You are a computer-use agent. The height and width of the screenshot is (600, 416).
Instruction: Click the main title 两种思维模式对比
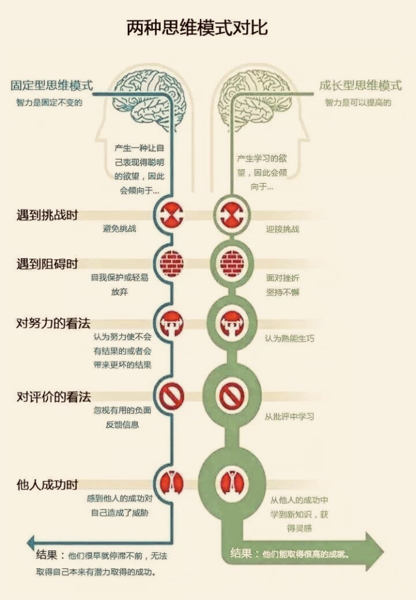coord(197,28)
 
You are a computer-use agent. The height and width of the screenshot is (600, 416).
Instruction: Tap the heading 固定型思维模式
coord(52,85)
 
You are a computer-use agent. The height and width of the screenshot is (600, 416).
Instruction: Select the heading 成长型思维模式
coord(361,85)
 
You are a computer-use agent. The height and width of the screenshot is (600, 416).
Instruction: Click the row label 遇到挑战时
coord(47,215)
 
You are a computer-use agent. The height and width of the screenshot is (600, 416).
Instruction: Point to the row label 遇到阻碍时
coord(47,264)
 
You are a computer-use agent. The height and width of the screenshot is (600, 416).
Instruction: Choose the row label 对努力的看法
coord(53,323)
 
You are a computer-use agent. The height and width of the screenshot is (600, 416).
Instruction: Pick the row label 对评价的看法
coord(53,397)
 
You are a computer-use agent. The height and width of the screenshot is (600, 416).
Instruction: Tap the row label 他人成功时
coord(47,485)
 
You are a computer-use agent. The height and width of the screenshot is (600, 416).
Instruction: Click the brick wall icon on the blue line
coord(172,263)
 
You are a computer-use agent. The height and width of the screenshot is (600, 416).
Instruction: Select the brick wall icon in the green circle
coord(232,263)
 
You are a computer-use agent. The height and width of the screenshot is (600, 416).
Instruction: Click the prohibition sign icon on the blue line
coord(172,395)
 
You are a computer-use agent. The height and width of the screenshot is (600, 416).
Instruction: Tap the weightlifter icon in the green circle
coord(231,324)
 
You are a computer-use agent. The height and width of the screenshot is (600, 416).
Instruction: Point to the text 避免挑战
coord(119,229)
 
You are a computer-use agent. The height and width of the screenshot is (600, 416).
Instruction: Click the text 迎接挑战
coord(283,229)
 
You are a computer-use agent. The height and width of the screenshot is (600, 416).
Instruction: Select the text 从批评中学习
coord(289,416)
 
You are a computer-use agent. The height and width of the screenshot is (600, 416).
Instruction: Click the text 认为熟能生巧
coord(289,338)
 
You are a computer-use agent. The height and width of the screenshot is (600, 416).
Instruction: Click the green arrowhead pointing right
coord(374,551)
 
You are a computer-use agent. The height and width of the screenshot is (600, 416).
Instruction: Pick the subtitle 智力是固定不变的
coord(49,103)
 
